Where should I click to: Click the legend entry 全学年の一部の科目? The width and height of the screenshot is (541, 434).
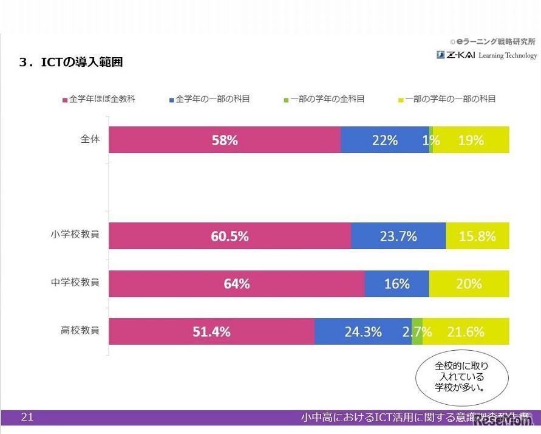tap(209, 99)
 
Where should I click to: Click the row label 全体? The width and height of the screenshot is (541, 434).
tap(90, 139)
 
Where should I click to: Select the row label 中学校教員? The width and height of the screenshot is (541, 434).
tap(75, 282)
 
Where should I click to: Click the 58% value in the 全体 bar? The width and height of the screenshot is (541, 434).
tap(225, 140)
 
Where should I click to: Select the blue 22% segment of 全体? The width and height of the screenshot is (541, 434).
tap(384, 140)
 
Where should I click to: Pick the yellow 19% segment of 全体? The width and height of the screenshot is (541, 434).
tap(471, 140)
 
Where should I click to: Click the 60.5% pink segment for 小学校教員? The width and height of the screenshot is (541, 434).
tap(230, 236)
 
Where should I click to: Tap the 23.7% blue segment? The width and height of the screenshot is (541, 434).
tap(398, 236)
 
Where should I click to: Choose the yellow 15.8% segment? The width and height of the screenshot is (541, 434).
tap(477, 236)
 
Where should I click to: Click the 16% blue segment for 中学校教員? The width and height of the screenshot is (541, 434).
tap(396, 284)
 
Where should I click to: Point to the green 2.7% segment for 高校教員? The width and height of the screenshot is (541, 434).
tap(417, 331)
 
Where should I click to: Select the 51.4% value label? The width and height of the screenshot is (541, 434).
tap(211, 332)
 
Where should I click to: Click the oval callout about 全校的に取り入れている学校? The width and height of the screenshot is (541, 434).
tap(461, 377)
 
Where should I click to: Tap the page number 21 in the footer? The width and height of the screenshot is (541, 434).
tap(27, 417)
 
